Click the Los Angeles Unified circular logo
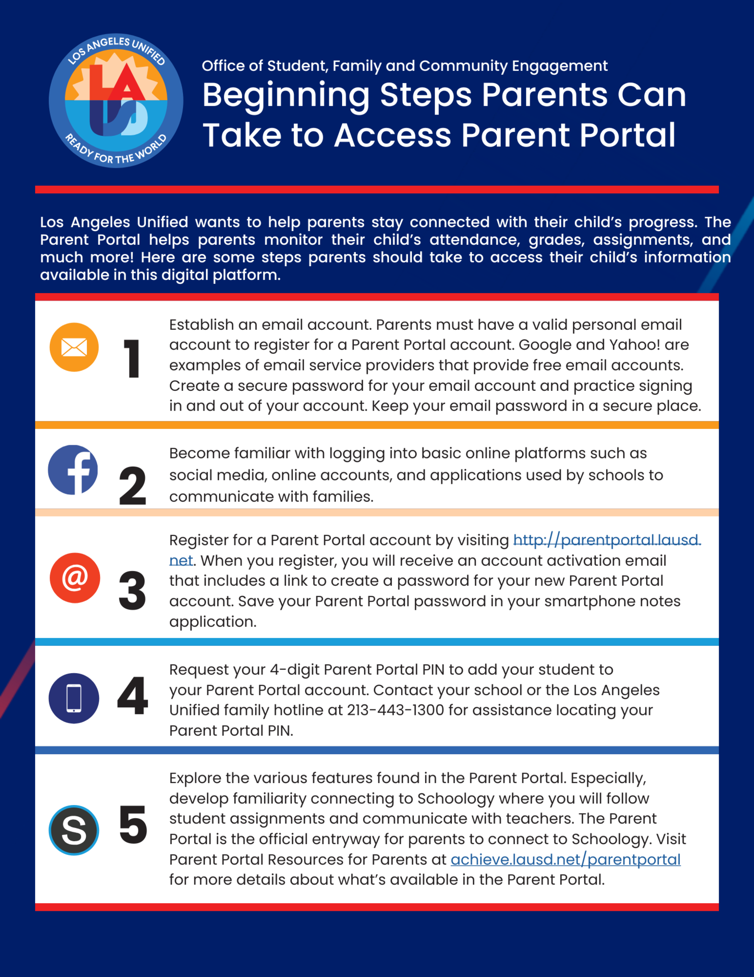click(x=116, y=101)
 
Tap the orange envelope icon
click(x=74, y=347)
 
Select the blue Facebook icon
click(x=73, y=470)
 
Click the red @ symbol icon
click(x=75, y=578)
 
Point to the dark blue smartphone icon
click(x=74, y=698)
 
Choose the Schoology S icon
click(x=74, y=830)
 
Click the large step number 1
click(x=132, y=359)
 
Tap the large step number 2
click(x=132, y=486)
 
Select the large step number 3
click(x=132, y=590)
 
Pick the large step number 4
click(x=132, y=696)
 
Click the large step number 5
click(x=133, y=824)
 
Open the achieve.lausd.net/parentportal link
click(x=565, y=859)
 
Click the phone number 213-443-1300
click(x=396, y=710)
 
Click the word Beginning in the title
click(x=286, y=95)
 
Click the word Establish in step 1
click(x=201, y=325)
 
